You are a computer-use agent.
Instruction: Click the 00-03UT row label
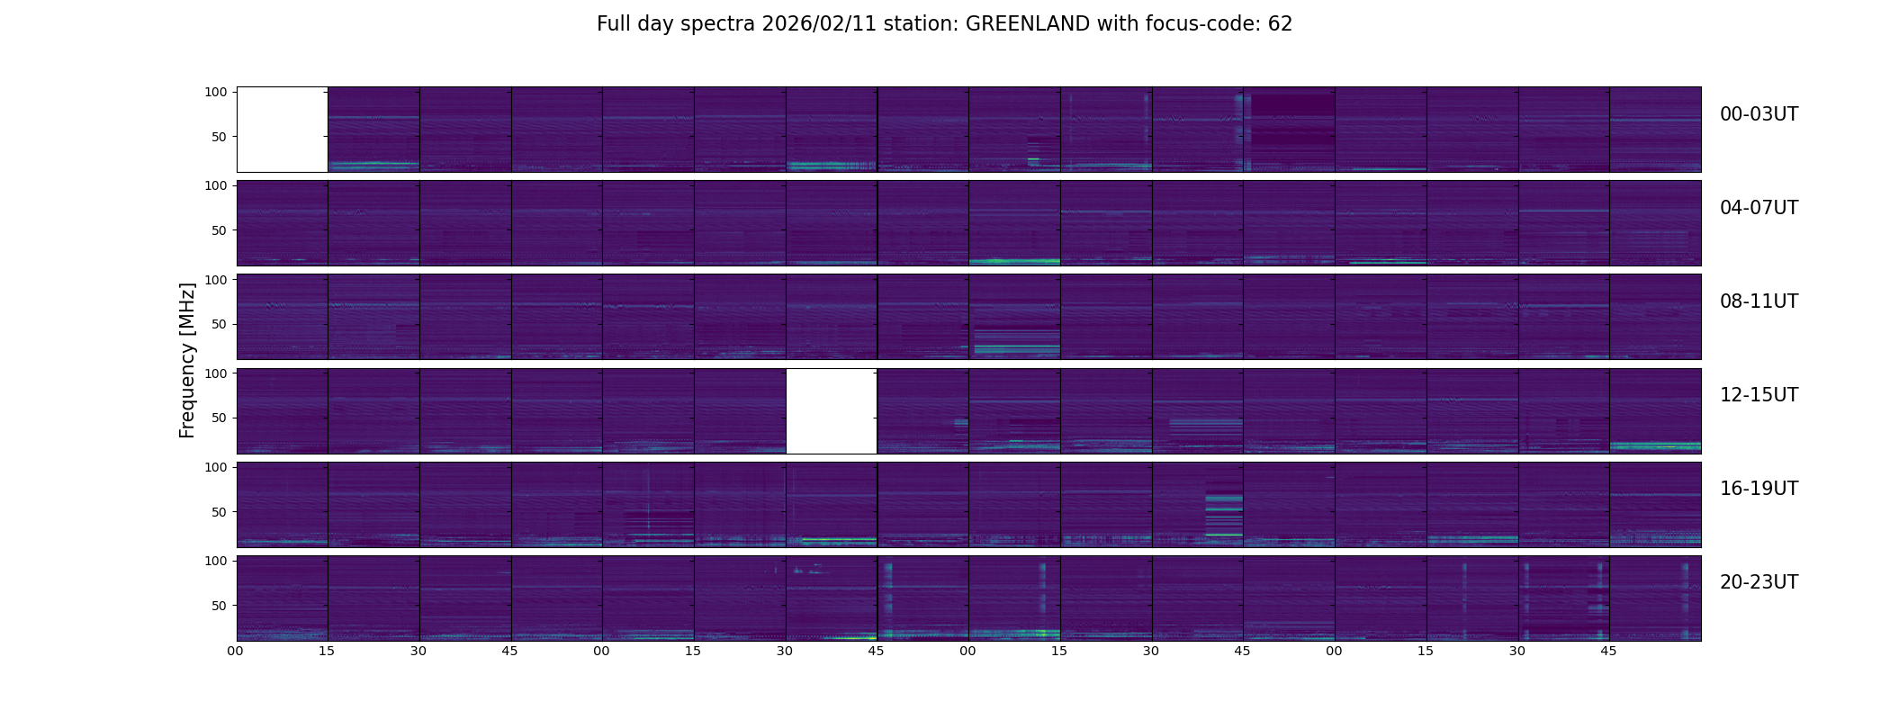(x=1759, y=114)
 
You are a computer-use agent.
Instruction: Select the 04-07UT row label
(x=1759, y=208)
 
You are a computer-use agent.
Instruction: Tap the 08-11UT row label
(x=1759, y=301)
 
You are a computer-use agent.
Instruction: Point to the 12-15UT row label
(x=1759, y=395)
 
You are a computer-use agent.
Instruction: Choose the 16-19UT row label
(x=1759, y=489)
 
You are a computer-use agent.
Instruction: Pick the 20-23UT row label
(x=1759, y=582)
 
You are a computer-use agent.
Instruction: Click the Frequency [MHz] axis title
(x=187, y=360)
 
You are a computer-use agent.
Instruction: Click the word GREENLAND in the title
(x=1028, y=24)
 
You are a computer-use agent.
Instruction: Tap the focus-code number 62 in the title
(x=1281, y=24)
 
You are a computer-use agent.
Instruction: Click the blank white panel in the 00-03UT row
(x=283, y=130)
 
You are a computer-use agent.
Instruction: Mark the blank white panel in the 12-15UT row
(x=832, y=411)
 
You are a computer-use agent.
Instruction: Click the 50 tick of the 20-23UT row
(x=219, y=606)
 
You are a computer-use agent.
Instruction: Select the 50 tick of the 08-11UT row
(x=219, y=324)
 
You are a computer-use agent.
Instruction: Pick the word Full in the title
(x=613, y=24)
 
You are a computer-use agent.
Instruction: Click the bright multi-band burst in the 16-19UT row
(x=1224, y=514)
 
